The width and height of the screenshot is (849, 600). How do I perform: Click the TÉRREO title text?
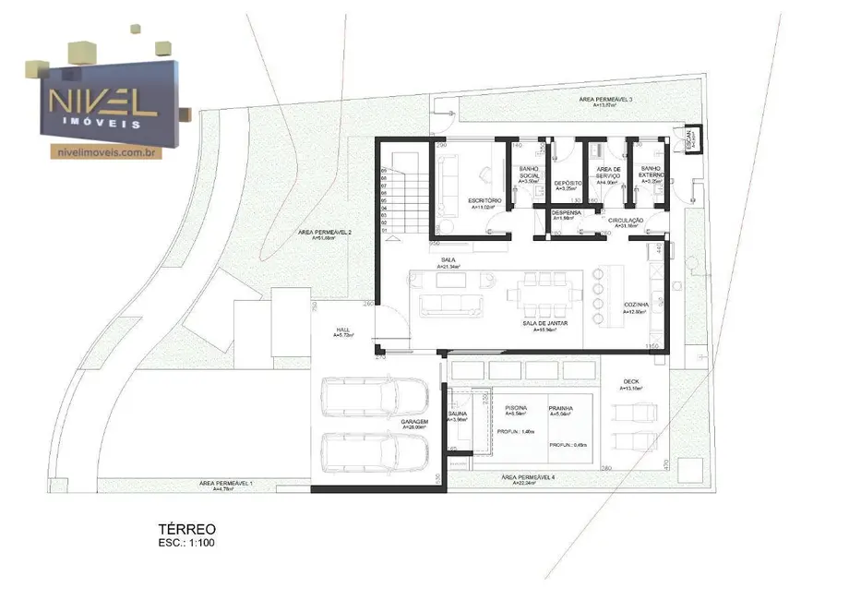tap(187, 529)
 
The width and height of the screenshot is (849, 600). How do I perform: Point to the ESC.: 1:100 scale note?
tap(188, 543)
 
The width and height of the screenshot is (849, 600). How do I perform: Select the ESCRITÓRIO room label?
tap(484, 201)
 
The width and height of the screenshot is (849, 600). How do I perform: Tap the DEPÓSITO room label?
tap(567, 183)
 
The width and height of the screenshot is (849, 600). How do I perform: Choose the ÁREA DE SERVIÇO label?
tap(608, 173)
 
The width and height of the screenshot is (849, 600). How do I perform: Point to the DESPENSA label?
tap(567, 213)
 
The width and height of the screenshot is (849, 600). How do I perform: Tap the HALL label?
tap(343, 330)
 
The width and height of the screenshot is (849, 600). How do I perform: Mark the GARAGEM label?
tap(415, 421)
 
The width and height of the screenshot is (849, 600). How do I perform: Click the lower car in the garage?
tap(374, 454)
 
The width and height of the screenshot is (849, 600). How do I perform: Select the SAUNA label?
tap(458, 414)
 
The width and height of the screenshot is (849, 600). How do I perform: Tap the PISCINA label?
tap(516, 407)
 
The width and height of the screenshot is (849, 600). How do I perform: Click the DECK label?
tap(631, 381)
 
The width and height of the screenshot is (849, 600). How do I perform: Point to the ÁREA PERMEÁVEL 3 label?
tap(605, 98)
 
